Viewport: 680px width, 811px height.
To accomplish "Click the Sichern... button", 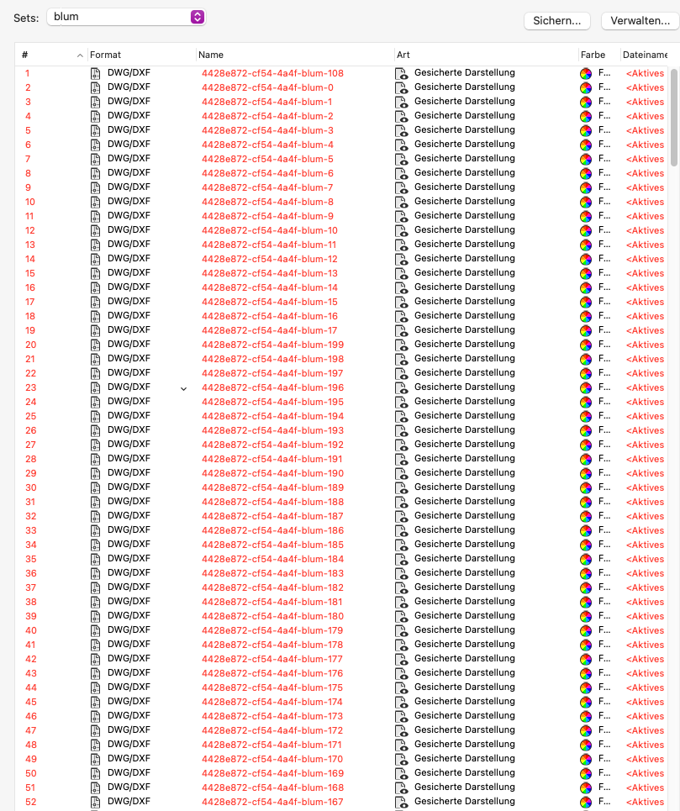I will coord(556,20).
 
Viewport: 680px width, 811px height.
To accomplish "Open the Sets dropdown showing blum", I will coord(126,17).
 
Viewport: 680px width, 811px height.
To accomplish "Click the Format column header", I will coord(106,55).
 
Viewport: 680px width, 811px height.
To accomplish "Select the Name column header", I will coord(211,55).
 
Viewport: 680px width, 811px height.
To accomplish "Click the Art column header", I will coord(403,55).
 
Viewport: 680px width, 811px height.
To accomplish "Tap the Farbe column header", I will coord(593,55).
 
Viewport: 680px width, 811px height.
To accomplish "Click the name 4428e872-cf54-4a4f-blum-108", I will coord(272,73).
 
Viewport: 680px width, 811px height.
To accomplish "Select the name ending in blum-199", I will coord(272,345).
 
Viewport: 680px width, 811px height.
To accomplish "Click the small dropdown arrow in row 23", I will coord(183,388).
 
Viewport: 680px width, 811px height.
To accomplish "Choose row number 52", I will coord(31,802).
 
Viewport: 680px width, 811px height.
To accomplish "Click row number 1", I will coord(28,73).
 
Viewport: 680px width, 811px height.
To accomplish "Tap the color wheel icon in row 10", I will coord(586,203).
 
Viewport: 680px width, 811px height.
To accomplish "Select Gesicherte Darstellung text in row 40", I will coord(464,630).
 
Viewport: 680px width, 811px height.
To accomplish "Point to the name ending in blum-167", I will coord(272,802).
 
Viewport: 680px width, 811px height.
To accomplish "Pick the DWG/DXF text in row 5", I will coord(129,130).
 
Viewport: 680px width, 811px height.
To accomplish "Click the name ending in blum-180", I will coord(272,616).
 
